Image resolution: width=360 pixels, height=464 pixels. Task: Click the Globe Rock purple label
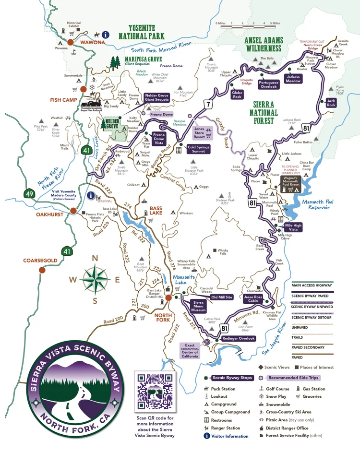tap(237, 94)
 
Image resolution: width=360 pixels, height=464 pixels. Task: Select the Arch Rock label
tap(331, 102)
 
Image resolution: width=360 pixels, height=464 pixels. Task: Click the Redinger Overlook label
tap(239, 338)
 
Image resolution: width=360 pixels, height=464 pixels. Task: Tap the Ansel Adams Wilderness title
tap(264, 44)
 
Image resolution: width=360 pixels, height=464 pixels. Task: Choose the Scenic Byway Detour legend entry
tap(314, 317)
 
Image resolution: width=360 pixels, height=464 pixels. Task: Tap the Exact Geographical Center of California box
tap(190, 351)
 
